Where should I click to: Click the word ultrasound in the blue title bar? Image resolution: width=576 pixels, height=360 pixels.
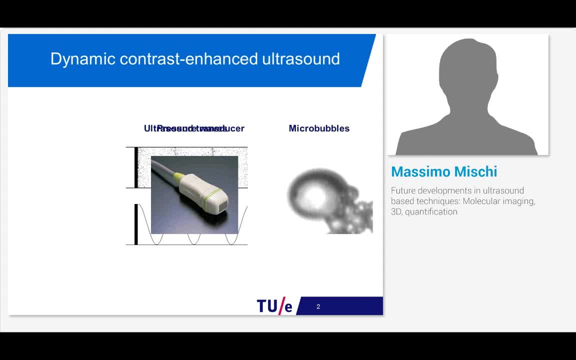click(301, 59)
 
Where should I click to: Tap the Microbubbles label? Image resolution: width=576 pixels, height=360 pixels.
click(319, 128)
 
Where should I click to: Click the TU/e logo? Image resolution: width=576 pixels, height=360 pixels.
click(274, 305)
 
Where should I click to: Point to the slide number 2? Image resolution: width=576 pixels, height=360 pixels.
click(318, 306)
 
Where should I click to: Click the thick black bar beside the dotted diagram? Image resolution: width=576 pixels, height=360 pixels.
click(136, 167)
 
